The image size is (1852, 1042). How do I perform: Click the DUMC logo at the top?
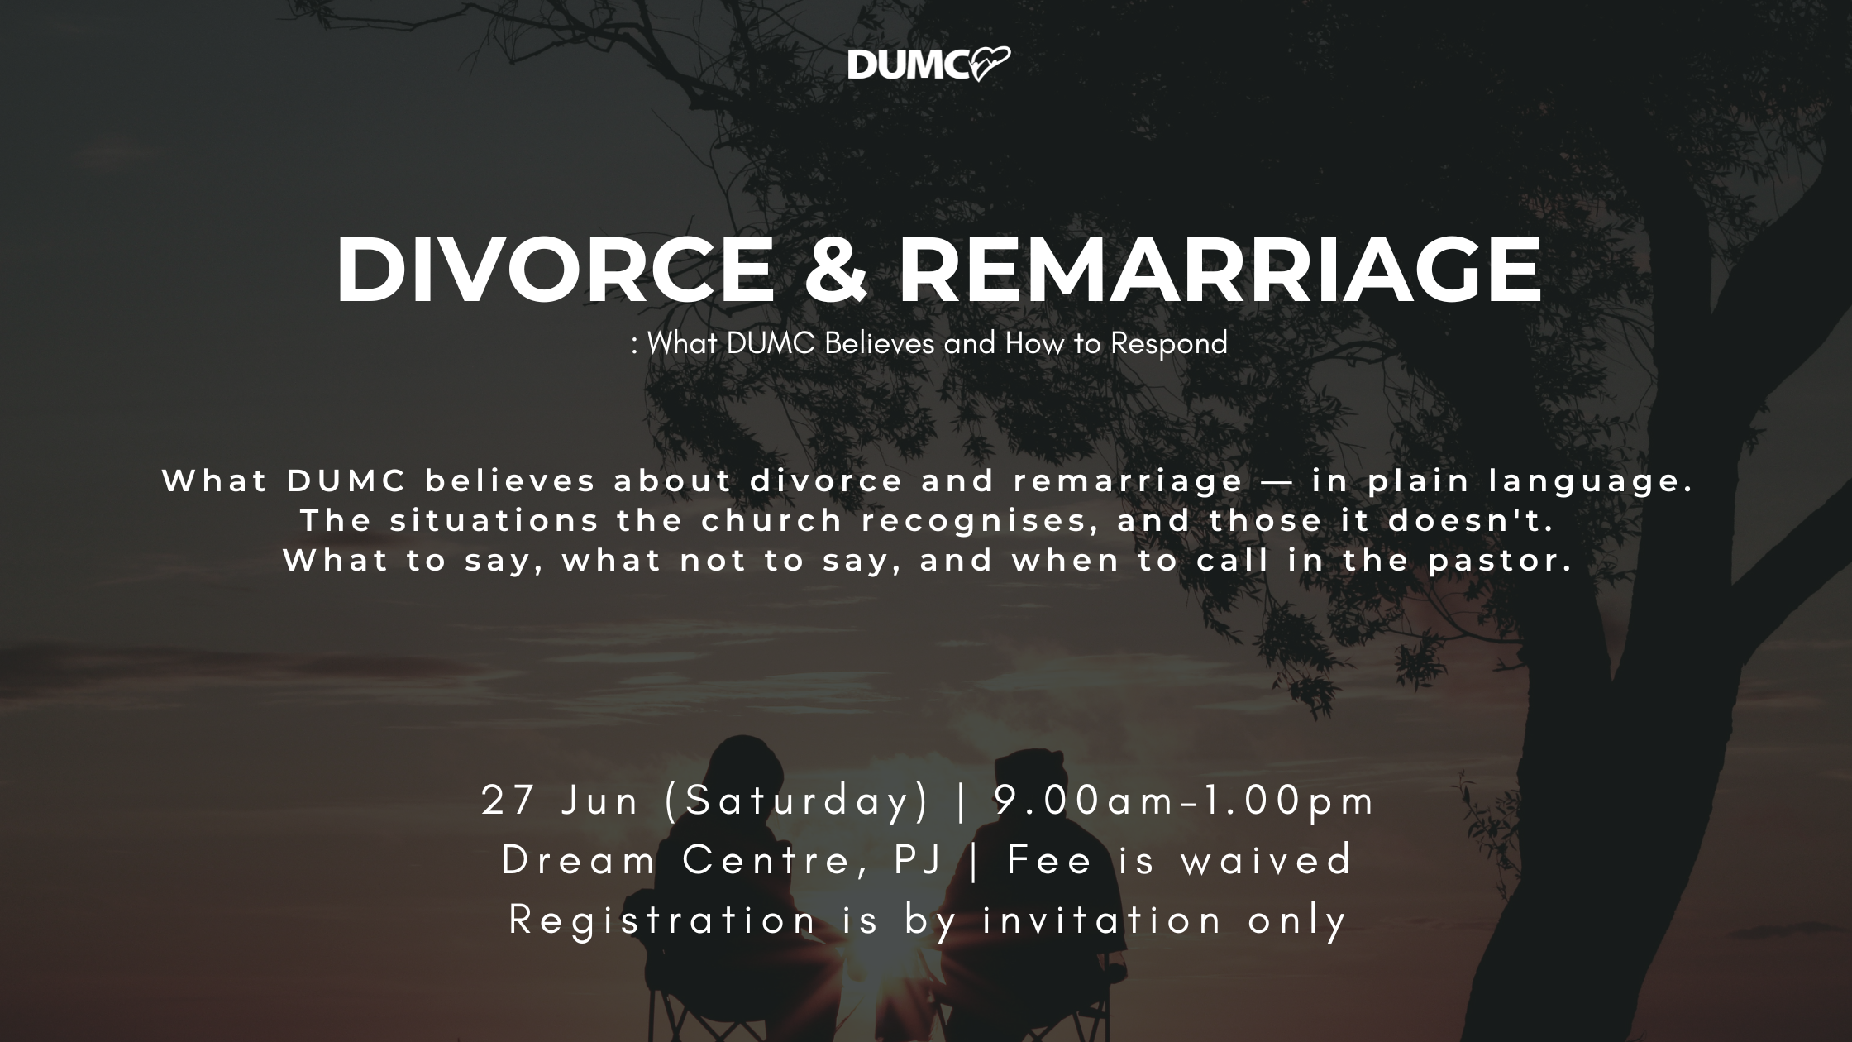928,65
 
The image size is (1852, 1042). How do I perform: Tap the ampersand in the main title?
836,270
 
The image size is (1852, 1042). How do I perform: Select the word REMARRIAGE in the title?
1220,270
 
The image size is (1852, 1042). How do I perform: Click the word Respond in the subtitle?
1168,343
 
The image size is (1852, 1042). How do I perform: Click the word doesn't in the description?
1472,520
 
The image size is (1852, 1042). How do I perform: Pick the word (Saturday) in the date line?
798,801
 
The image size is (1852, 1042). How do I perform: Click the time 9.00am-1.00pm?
1185,801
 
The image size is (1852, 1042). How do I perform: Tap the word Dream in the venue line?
580,860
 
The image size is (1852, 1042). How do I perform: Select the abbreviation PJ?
919,860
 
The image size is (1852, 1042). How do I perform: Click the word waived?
1266,860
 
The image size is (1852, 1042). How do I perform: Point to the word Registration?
663,920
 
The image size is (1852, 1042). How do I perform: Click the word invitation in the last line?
1103,920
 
